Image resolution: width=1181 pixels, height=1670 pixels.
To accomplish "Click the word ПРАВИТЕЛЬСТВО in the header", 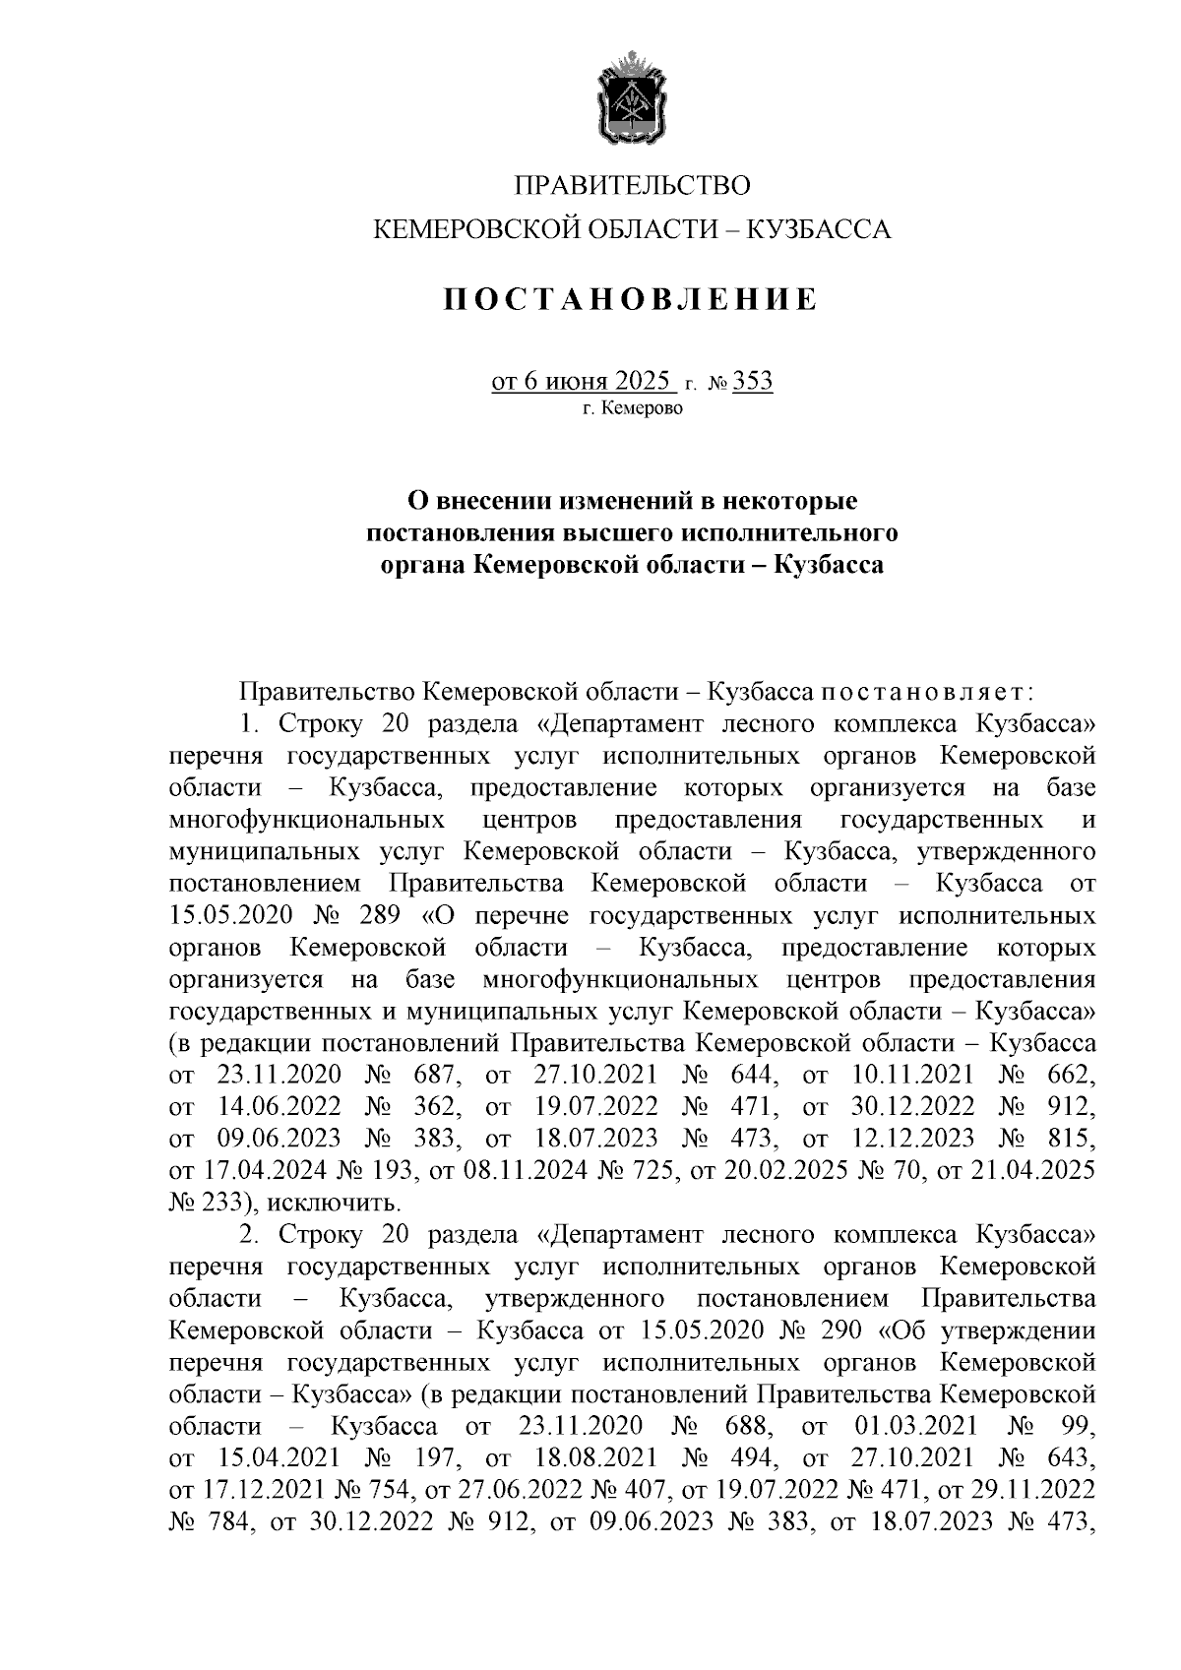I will click(x=633, y=185).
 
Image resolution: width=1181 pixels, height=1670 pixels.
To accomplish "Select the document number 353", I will click(x=753, y=381).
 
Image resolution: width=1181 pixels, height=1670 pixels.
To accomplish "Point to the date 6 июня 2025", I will click(x=583, y=381).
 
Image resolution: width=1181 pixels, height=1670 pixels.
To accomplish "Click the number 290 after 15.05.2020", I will click(x=838, y=1330).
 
